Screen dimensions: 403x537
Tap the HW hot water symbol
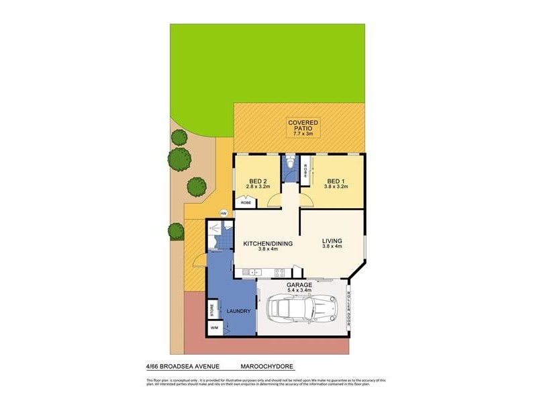224,214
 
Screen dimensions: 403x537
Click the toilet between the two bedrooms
290,165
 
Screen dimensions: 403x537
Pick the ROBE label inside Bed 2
246,201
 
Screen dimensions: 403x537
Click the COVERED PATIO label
304,126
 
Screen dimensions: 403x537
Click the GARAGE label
300,285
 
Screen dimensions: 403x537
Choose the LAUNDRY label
239,311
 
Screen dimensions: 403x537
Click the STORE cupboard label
212,311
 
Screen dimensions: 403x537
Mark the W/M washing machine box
215,327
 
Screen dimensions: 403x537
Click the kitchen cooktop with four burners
279,272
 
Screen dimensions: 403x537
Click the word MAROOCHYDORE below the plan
267,367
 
